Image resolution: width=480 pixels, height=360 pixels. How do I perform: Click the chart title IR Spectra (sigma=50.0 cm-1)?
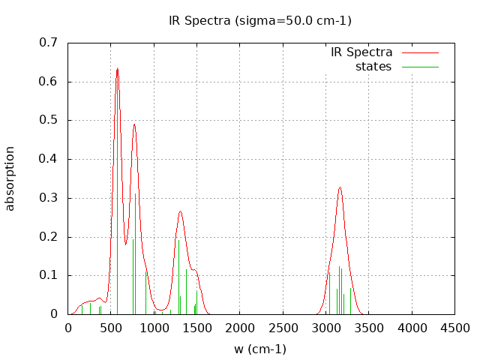pos(260,20)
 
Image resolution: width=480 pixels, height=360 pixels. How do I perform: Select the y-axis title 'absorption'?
pos(10,178)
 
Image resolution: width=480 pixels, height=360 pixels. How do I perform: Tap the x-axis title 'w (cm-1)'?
pos(260,349)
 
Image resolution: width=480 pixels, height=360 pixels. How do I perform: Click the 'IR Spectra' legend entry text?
pos(361,52)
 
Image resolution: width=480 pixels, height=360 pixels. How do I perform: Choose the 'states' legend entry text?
pos(373,67)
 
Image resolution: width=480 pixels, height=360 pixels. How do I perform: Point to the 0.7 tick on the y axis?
pos(48,43)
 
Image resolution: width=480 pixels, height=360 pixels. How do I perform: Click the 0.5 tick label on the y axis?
pos(48,120)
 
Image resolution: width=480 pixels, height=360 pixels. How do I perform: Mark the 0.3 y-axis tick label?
pos(48,198)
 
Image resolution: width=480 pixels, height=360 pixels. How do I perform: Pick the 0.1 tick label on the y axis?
pos(48,275)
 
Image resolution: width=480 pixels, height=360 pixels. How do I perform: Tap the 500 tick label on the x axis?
pos(111,328)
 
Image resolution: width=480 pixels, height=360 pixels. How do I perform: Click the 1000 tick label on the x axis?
pos(154,328)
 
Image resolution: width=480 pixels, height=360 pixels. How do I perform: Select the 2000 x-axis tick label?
pos(240,328)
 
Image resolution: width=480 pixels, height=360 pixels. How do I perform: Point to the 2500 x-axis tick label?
pos(283,328)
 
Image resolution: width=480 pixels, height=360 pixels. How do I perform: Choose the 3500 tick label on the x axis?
pos(369,328)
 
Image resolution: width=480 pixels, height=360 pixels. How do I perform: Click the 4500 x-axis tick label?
pos(454,328)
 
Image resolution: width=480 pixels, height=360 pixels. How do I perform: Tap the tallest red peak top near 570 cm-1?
pos(117,76)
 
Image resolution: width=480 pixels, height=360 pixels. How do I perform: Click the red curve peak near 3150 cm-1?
pos(340,187)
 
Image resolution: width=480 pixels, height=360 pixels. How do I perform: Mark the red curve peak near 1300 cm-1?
pos(180,211)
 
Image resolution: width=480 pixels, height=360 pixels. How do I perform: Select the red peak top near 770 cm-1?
pos(134,124)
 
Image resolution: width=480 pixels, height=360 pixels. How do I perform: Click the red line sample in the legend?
pos(419,52)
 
